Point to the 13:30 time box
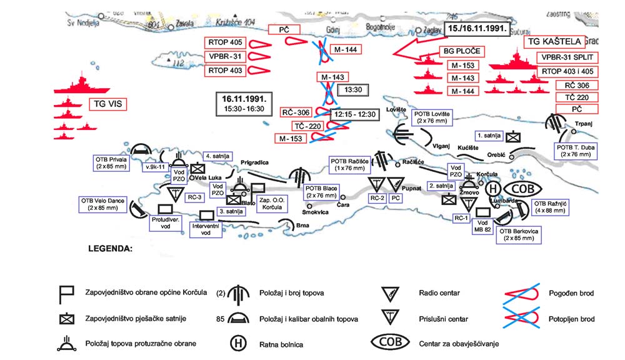tap(349, 89)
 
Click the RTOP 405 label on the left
tap(226, 44)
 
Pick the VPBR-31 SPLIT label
tap(566, 57)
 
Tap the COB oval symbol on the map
tap(522, 189)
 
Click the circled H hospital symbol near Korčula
tap(493, 189)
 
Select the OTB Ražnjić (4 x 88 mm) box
tap(549, 207)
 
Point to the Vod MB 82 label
tap(482, 226)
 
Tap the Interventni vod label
tap(206, 229)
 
